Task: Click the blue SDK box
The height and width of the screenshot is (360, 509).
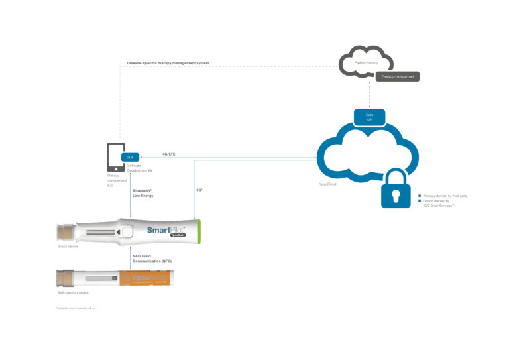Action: click(x=129, y=157)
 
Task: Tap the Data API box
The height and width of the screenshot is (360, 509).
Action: click(x=369, y=117)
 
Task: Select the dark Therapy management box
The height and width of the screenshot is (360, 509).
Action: click(x=398, y=77)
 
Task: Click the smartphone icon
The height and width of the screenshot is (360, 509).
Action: click(x=115, y=159)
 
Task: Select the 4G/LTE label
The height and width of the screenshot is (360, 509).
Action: click(x=168, y=154)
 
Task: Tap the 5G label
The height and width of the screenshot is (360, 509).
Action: click(x=199, y=190)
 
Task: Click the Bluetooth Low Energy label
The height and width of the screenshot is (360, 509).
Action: click(x=142, y=193)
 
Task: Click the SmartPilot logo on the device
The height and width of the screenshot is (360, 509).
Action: click(x=169, y=231)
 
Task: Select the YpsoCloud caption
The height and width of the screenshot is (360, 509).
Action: click(x=328, y=184)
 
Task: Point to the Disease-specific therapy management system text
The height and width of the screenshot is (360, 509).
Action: click(x=168, y=64)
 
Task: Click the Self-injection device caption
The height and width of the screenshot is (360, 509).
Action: click(x=74, y=292)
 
